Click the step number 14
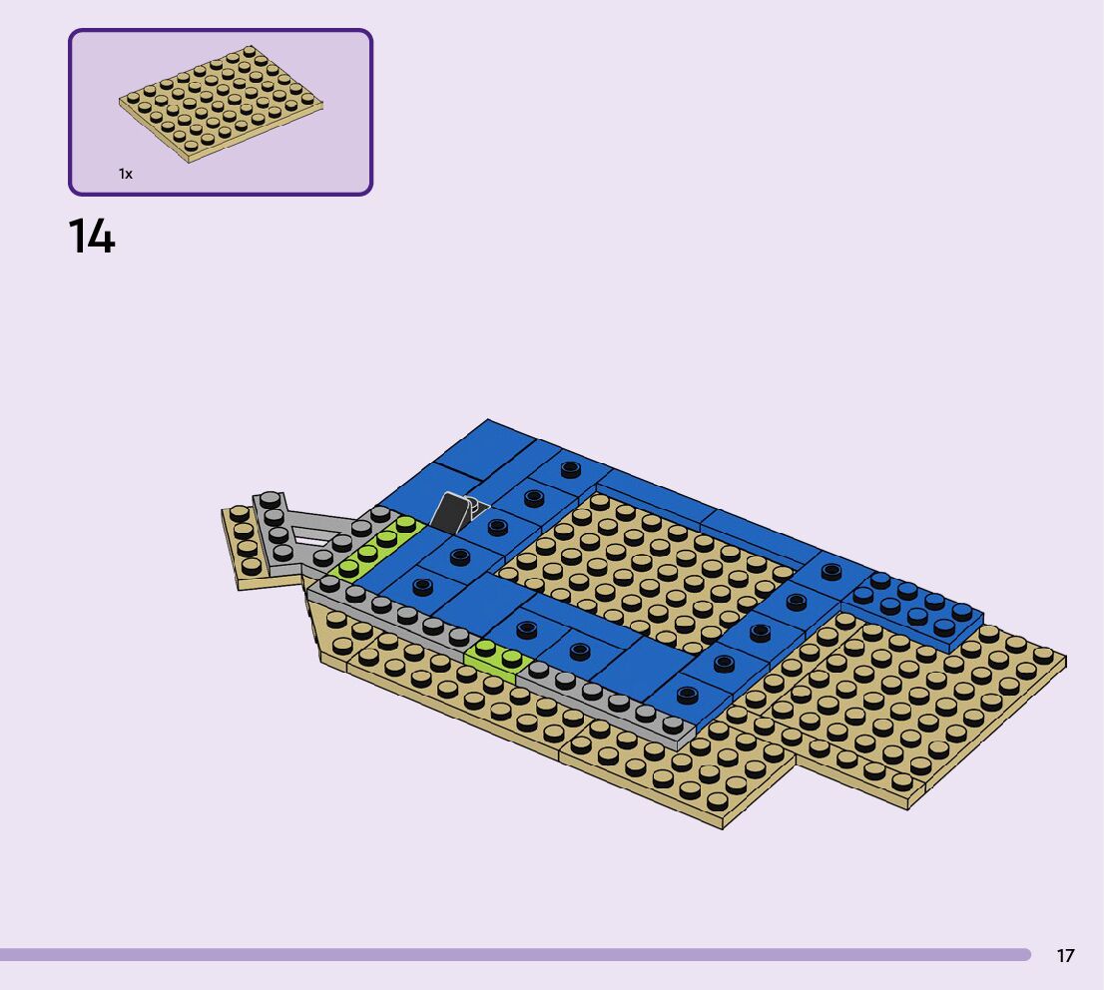pos(92,236)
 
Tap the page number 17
pos(1065,955)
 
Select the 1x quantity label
pos(126,174)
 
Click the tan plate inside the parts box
pos(221,104)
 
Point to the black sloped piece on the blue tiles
pos(448,512)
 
